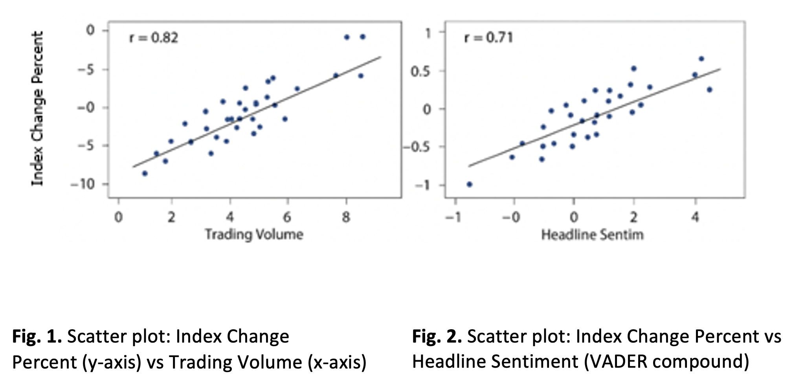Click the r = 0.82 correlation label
[154, 38]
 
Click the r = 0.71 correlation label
[488, 38]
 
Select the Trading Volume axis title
[254, 235]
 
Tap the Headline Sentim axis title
[592, 235]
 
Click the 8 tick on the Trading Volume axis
[346, 217]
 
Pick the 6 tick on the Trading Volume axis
[287, 217]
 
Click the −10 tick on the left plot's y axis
[83, 184]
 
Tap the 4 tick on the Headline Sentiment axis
[695, 217]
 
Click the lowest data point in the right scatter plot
[469, 184]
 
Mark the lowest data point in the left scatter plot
[145, 173]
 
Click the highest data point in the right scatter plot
[701, 59]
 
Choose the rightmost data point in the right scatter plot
[709, 90]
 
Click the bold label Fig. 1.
[37, 337]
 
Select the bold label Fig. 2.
[437, 337]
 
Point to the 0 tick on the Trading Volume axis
[118, 217]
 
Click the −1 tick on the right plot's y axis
[423, 185]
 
